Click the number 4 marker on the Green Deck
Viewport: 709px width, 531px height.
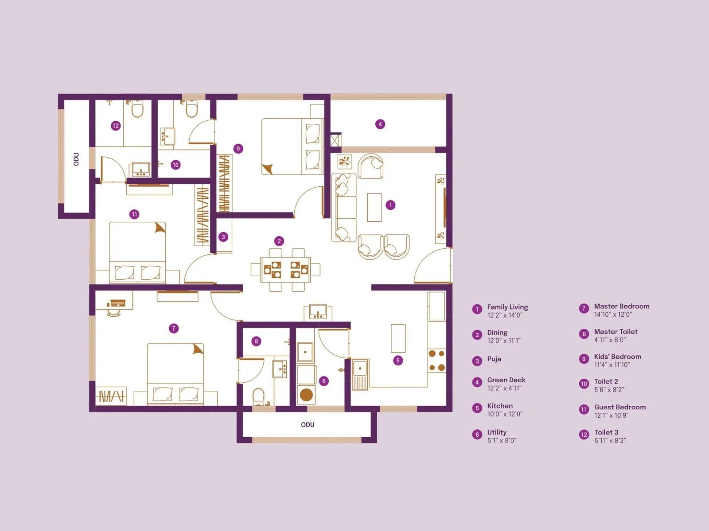tap(380, 124)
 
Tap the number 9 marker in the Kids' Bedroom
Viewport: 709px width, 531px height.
tap(238, 149)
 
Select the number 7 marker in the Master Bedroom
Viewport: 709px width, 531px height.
tap(174, 328)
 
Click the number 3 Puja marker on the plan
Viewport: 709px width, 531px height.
tap(223, 237)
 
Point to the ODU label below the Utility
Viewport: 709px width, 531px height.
tap(308, 425)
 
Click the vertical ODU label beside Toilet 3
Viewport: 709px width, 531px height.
tap(76, 159)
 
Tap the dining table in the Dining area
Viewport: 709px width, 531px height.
tap(285, 269)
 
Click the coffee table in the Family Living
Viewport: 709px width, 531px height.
tap(374, 207)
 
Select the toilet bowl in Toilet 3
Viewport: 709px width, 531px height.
tap(137, 109)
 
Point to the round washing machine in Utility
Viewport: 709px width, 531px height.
tap(306, 394)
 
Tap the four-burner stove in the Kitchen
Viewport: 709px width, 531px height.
tap(436, 361)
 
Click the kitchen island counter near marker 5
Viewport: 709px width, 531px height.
tap(398, 338)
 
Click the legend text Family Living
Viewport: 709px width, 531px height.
tap(507, 307)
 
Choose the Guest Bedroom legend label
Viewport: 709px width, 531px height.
tap(620, 407)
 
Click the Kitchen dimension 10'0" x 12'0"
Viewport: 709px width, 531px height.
tap(505, 414)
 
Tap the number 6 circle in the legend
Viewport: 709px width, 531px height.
tap(477, 435)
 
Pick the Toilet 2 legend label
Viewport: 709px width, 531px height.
tap(606, 381)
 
